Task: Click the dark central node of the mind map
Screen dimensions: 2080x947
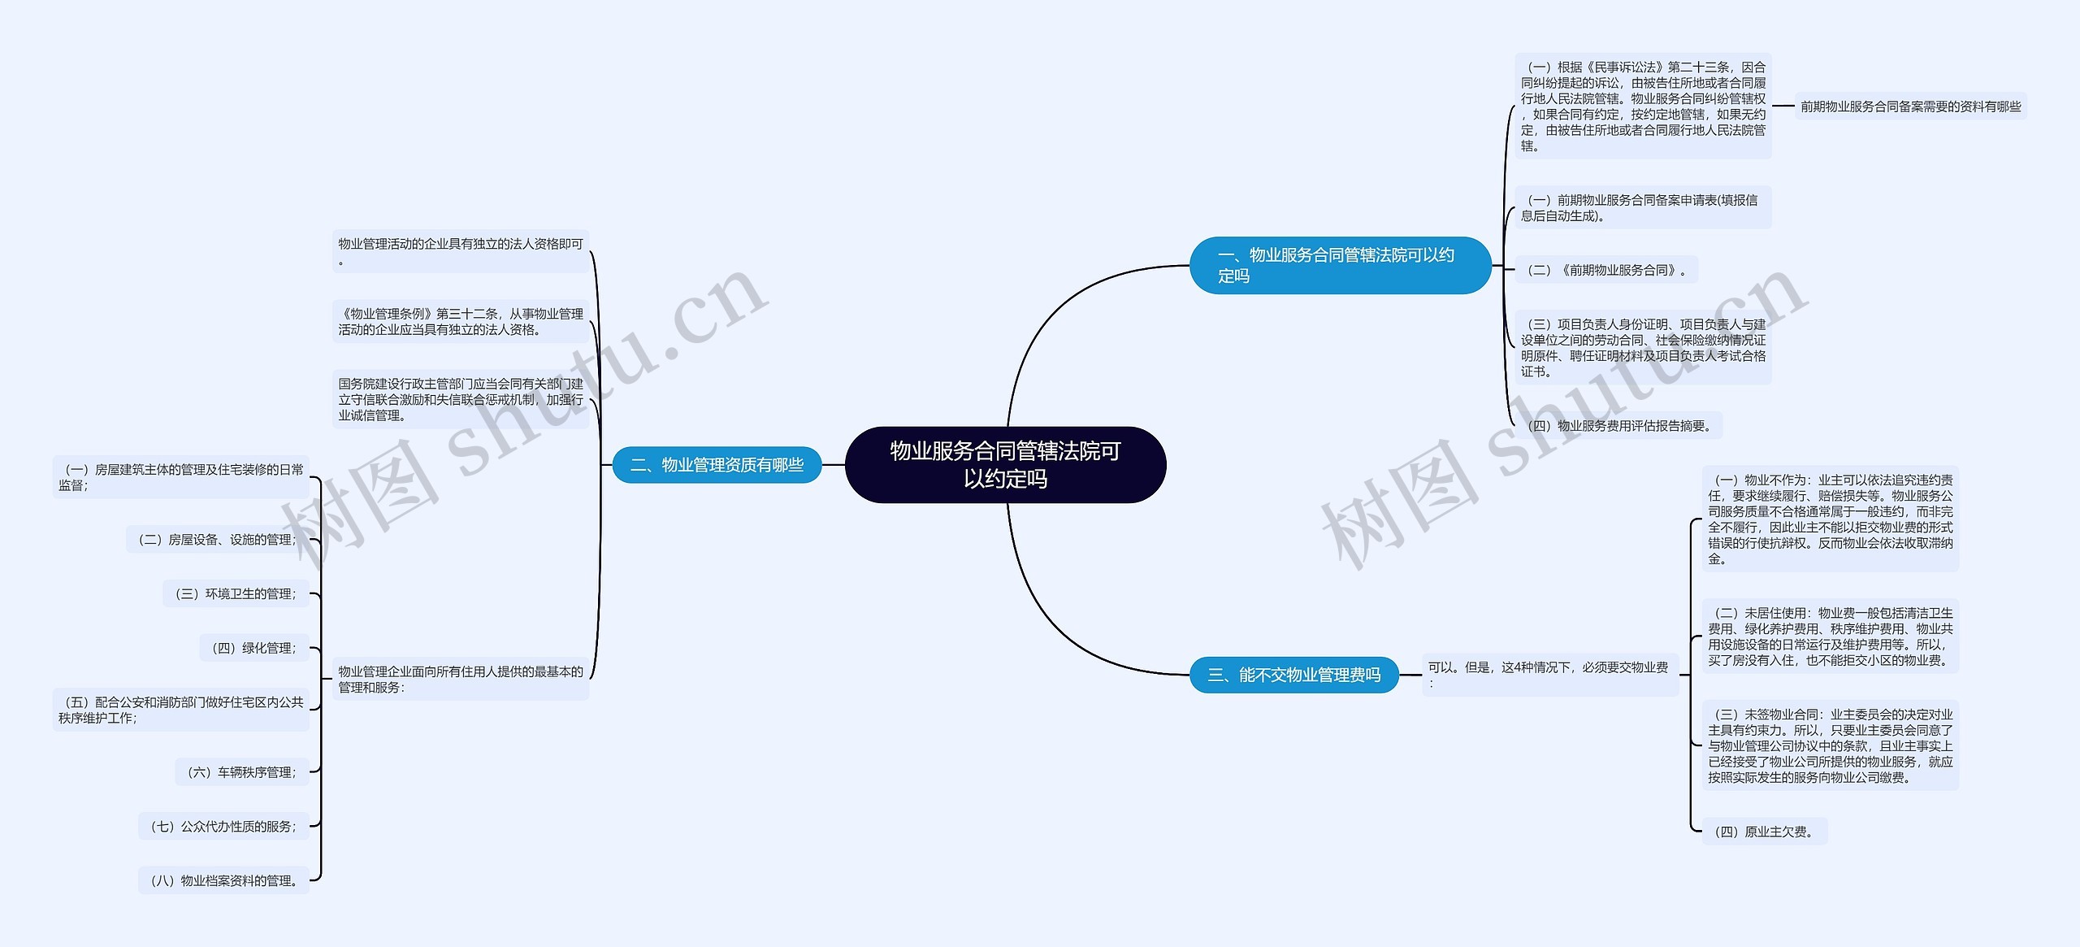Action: click(1005, 464)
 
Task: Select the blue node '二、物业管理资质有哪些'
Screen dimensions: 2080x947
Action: click(717, 465)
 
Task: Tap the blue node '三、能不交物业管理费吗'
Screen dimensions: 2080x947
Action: click(1293, 675)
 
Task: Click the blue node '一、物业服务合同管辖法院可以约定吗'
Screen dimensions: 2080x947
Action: click(1340, 265)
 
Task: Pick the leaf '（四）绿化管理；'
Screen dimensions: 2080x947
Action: click(254, 648)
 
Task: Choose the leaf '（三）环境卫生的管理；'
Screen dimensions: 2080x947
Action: click(236, 594)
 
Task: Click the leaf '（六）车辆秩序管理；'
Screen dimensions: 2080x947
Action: click(242, 772)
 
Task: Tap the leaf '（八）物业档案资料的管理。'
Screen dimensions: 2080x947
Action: click(223, 880)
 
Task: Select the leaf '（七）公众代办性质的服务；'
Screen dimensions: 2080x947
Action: click(223, 827)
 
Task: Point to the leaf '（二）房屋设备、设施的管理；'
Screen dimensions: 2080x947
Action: click(217, 540)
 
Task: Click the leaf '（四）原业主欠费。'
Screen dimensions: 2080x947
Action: click(1764, 832)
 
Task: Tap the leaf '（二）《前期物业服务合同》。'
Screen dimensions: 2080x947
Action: click(1605, 270)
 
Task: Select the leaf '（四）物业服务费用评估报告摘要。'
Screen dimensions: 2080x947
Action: click(1618, 426)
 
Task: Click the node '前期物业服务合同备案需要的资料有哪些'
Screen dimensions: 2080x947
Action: click(1910, 106)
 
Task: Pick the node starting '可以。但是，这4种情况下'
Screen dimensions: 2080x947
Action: click(1549, 675)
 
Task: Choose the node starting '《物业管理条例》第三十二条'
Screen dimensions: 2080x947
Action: click(461, 322)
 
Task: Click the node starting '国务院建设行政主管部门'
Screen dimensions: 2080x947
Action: click(461, 399)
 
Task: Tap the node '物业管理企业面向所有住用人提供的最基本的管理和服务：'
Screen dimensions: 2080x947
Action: click(461, 680)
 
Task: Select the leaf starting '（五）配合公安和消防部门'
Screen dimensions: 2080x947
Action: click(181, 710)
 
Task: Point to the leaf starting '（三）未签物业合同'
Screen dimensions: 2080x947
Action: click(1830, 745)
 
